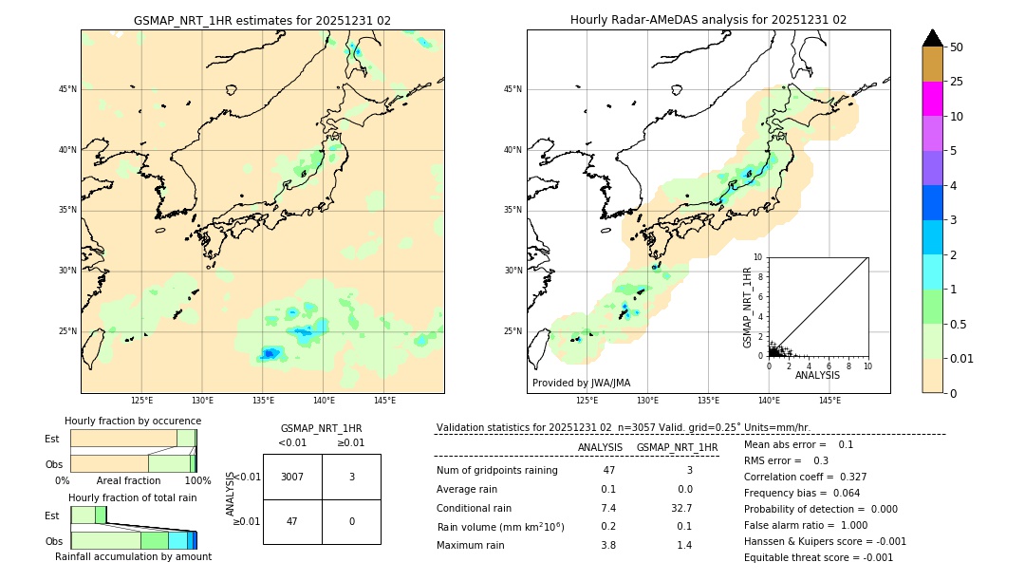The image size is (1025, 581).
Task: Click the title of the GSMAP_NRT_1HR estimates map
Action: click(x=262, y=20)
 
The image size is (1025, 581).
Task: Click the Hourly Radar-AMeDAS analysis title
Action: click(x=708, y=20)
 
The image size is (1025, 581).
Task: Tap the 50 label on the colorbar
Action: click(x=957, y=47)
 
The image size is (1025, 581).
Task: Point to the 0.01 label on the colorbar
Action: click(x=962, y=358)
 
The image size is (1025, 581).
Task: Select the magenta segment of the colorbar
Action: click(x=933, y=99)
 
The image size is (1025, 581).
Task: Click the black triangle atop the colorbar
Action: click(x=933, y=38)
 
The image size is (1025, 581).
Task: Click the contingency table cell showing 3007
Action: click(x=292, y=477)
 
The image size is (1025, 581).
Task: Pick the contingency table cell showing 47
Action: click(x=292, y=521)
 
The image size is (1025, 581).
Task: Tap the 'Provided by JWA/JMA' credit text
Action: click(x=581, y=383)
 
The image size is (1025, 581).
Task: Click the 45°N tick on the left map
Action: click(x=67, y=89)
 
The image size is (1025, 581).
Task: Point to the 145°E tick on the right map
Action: click(x=829, y=401)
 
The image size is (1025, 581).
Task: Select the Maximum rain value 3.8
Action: click(x=608, y=545)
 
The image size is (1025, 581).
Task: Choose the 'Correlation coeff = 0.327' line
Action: click(x=805, y=477)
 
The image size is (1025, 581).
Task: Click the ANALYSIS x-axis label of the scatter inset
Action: click(x=817, y=375)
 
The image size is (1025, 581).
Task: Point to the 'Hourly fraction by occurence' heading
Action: click(x=133, y=421)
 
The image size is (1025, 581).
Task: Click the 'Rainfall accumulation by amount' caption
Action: click(x=133, y=556)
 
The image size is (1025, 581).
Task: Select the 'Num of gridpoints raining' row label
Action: click(x=497, y=471)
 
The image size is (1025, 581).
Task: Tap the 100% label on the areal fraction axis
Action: click(x=197, y=480)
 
